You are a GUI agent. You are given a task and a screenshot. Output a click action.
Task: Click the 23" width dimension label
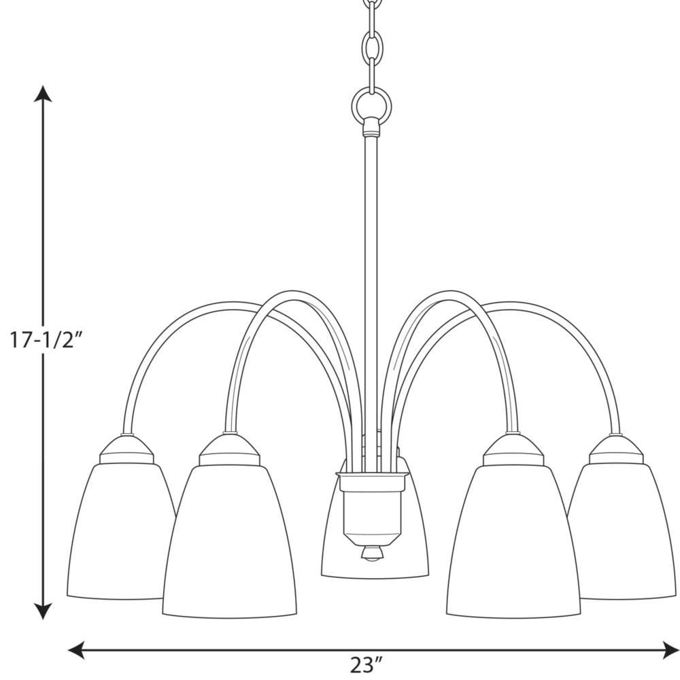tap(368, 663)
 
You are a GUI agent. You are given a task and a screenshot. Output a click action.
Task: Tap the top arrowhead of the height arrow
tap(44, 95)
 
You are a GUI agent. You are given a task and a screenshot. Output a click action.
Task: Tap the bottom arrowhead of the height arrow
tap(44, 611)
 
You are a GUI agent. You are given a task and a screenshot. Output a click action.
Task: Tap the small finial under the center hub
tap(371, 554)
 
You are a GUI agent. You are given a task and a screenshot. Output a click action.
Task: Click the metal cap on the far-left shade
tap(128, 450)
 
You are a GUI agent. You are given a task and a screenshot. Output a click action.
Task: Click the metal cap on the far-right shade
tap(615, 450)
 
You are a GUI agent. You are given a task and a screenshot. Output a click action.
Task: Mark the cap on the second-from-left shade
tap(230, 451)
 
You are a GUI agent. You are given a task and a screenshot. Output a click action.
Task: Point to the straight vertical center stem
tap(371, 272)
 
